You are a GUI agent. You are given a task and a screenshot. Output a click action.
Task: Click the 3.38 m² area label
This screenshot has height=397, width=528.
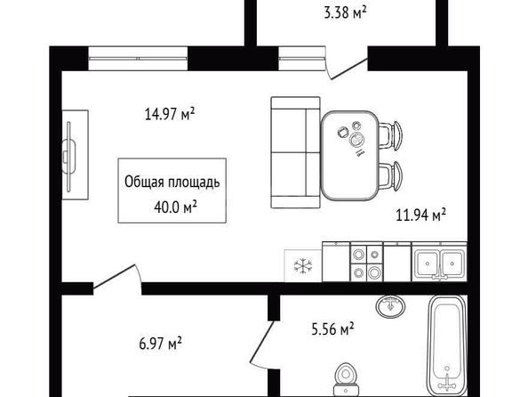[345, 12]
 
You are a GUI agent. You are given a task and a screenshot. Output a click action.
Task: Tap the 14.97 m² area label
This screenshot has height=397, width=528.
[170, 114]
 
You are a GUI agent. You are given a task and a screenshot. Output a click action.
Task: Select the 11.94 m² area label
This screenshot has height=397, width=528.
[421, 215]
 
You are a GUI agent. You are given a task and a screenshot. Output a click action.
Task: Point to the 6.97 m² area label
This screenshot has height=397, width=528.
[160, 344]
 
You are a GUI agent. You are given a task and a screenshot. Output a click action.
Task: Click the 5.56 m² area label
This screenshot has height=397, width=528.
[332, 328]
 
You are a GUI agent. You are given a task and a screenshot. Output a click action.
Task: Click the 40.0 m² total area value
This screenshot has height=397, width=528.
[175, 207]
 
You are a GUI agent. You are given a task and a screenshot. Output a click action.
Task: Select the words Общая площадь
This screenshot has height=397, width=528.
[172, 182]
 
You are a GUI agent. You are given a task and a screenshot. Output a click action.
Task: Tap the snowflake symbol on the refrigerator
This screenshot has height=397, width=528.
[303, 266]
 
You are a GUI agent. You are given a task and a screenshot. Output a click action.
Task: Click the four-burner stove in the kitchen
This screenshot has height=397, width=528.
[367, 262]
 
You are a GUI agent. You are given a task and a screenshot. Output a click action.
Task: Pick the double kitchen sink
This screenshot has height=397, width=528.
[439, 262]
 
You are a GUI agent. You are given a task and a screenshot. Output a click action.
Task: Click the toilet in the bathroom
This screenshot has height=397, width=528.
[346, 379]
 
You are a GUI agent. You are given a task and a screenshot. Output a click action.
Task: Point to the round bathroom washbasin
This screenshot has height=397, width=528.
[390, 306]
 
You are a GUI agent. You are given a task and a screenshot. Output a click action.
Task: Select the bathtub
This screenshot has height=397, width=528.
[446, 345]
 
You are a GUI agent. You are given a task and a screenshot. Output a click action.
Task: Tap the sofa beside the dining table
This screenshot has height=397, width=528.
[296, 152]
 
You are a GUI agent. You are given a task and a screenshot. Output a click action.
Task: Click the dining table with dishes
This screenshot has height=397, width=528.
[349, 156]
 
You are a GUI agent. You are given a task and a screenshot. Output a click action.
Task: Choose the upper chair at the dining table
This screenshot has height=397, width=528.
[391, 135]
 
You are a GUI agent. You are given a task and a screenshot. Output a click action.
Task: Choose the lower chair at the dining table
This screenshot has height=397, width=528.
[391, 175]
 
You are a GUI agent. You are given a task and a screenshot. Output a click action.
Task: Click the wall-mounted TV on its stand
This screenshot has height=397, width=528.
[69, 156]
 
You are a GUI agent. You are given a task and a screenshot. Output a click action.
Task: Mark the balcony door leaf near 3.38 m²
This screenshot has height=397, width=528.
[349, 69]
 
